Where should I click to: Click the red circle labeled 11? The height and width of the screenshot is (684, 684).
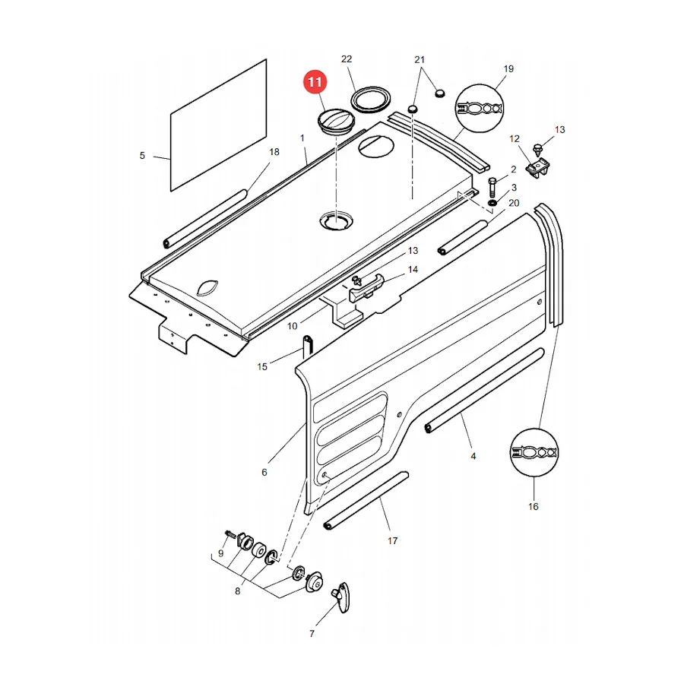click(315, 81)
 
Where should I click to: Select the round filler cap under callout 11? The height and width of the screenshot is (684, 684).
click(336, 121)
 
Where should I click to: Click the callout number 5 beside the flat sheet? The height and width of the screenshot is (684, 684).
click(142, 156)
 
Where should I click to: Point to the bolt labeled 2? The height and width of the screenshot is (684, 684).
click(492, 187)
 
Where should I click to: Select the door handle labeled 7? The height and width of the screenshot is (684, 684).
click(341, 597)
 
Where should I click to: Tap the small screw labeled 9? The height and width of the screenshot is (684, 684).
click(230, 534)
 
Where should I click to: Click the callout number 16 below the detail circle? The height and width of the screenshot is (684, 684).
click(533, 506)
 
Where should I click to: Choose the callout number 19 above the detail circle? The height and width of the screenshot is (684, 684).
click(508, 69)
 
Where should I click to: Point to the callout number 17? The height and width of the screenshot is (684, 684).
click(393, 541)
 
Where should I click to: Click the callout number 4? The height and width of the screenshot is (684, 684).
click(473, 456)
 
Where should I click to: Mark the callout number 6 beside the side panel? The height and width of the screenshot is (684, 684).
click(264, 472)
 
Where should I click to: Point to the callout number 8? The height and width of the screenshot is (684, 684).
click(237, 591)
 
